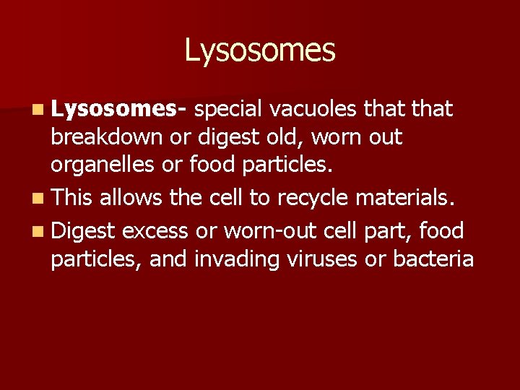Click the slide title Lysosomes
point(260,51)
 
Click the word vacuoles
point(315,109)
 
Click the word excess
point(156,231)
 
